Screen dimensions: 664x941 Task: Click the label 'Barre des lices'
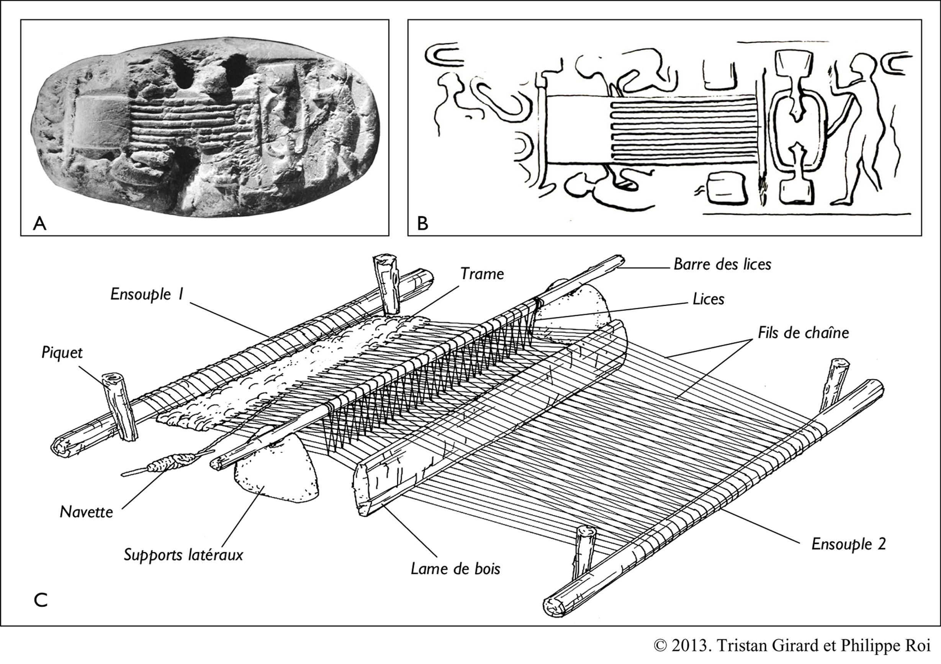(722, 264)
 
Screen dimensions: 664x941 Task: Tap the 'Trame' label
(482, 274)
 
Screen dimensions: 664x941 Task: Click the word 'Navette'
(86, 512)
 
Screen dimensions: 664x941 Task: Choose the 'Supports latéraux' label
(183, 555)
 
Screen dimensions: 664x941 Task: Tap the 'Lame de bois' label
(455, 569)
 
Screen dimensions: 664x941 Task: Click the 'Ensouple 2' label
(848, 544)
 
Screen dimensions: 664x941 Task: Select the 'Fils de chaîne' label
(803, 333)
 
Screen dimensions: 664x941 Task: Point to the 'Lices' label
(708, 299)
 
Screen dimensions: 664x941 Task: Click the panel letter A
(39, 224)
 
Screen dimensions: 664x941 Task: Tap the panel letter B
(422, 224)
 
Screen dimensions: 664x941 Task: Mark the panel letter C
(41, 600)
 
